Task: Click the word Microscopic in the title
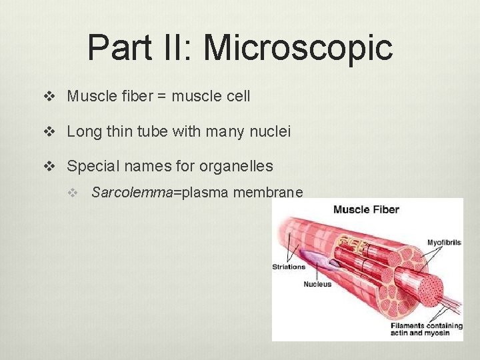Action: (298, 48)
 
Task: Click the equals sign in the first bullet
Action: (161, 96)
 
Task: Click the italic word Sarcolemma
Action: (131, 193)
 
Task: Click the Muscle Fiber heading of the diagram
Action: (366, 210)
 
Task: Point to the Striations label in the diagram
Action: (289, 267)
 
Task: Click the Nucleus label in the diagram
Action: (317, 284)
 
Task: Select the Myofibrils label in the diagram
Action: (443, 243)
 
